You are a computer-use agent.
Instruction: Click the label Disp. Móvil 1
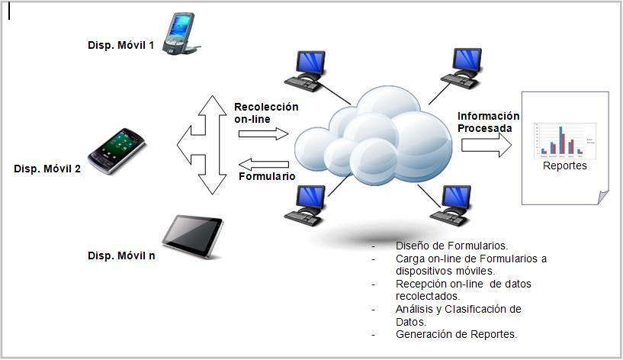(x=120, y=45)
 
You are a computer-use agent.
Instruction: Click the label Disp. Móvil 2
(x=47, y=169)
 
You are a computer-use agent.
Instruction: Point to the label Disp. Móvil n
(x=121, y=256)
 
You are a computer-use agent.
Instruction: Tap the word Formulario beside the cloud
(x=266, y=177)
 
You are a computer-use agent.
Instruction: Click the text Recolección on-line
(x=265, y=113)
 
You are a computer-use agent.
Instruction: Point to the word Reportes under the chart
(x=564, y=166)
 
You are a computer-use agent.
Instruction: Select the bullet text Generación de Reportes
(x=456, y=334)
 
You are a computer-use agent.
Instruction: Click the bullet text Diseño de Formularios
(x=451, y=246)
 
